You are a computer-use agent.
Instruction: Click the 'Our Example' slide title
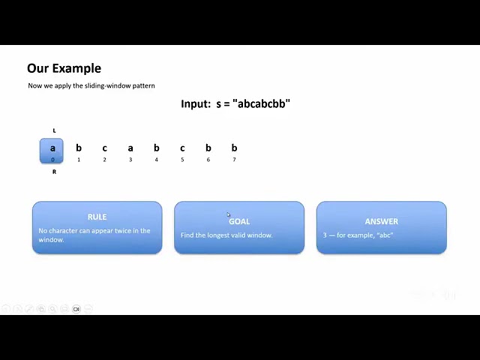point(64,68)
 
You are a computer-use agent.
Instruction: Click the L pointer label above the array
point(54,130)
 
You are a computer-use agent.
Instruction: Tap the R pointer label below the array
point(54,172)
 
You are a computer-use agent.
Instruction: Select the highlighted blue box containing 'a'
point(52,151)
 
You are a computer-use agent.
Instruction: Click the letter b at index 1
point(79,148)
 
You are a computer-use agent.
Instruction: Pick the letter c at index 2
point(105,148)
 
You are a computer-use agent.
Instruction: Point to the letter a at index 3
point(130,148)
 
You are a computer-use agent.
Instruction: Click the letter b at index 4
point(157,148)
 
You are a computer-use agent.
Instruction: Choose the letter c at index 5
point(182,148)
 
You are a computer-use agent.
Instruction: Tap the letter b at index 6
point(208,148)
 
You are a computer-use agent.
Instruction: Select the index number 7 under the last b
point(234,160)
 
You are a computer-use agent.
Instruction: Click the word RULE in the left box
point(97,217)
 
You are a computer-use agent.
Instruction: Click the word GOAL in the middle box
point(239,221)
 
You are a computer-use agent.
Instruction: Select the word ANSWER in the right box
point(382,221)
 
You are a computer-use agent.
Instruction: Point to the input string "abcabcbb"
point(262,103)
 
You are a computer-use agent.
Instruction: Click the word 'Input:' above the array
point(196,103)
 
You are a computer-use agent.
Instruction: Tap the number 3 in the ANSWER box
point(325,235)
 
